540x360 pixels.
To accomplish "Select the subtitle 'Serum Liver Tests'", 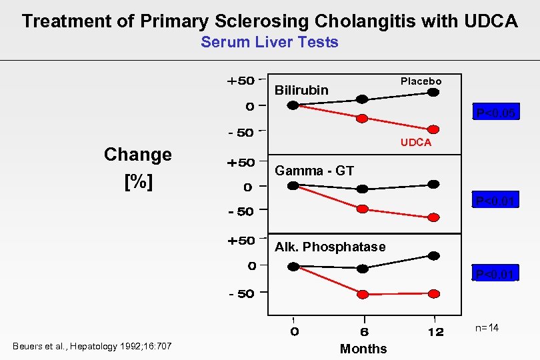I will point(269,43).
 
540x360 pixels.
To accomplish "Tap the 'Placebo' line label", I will point(421,81).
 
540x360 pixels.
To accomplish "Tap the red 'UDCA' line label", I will point(415,143).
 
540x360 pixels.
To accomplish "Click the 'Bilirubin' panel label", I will point(301,90).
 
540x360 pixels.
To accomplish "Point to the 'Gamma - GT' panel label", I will point(314,171).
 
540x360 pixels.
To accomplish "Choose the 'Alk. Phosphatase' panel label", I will point(330,247).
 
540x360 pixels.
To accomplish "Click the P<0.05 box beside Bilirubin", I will point(495,113).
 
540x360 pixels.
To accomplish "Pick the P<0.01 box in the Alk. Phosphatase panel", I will point(495,274).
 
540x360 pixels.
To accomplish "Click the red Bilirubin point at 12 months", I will point(433,129).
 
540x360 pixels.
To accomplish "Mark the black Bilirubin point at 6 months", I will point(362,99).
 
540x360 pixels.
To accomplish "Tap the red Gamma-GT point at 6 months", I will point(362,209).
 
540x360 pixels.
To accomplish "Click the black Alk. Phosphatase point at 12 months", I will point(433,255).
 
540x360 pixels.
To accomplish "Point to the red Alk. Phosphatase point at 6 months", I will point(362,294).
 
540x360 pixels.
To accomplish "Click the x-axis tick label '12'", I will point(435,332).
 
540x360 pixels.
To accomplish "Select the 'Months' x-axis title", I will point(363,349).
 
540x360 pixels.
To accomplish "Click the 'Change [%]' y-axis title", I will point(138,168).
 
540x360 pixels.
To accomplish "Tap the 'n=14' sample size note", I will point(486,328).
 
